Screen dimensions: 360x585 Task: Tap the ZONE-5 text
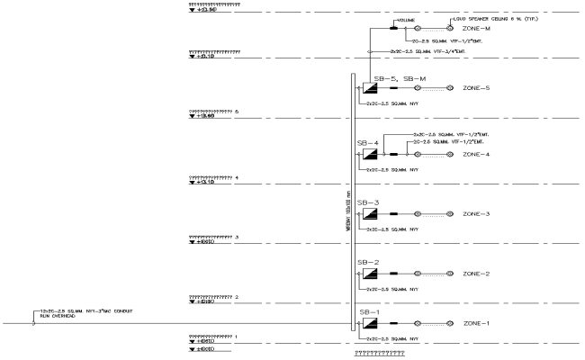tap(476, 88)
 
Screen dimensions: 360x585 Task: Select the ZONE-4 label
tap(476, 154)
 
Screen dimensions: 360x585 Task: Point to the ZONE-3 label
tap(476, 213)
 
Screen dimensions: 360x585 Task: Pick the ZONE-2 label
tap(476, 273)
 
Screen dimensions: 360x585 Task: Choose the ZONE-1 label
tap(476, 322)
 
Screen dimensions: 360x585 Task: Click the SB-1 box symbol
tap(370, 322)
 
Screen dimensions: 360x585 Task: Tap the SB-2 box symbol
tap(370, 273)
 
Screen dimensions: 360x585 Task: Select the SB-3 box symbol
tap(370, 213)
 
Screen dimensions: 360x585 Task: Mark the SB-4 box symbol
tap(370, 154)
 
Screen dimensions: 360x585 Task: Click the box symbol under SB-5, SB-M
tap(370, 88)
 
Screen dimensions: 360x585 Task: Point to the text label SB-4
tap(366, 142)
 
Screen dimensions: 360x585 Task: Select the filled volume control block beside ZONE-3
tap(394, 213)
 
